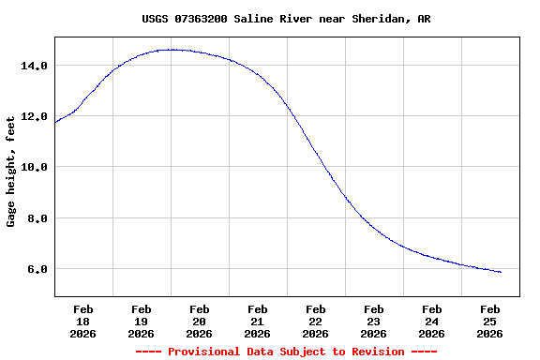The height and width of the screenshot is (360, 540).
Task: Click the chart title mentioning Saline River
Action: click(286, 19)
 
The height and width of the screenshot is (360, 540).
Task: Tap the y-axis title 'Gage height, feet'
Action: click(11, 171)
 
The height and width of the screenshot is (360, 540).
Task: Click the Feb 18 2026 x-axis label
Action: click(83, 321)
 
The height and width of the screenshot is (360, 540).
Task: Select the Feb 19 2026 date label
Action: click(142, 321)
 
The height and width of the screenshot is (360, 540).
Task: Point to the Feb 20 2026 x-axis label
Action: click(200, 321)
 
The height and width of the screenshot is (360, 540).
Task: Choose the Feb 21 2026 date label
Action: click(258, 321)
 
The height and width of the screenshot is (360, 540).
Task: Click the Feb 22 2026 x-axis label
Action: click(316, 321)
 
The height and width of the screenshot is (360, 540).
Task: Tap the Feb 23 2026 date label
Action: click(374, 321)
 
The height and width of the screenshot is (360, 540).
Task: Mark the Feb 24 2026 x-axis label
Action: click(432, 321)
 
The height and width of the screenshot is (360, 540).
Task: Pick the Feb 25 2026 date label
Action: click(490, 321)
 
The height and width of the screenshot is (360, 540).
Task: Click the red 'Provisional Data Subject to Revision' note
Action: click(286, 352)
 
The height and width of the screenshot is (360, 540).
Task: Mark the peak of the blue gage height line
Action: click(171, 50)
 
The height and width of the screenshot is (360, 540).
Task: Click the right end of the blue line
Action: click(502, 272)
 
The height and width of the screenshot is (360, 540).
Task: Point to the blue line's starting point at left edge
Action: click(55, 123)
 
